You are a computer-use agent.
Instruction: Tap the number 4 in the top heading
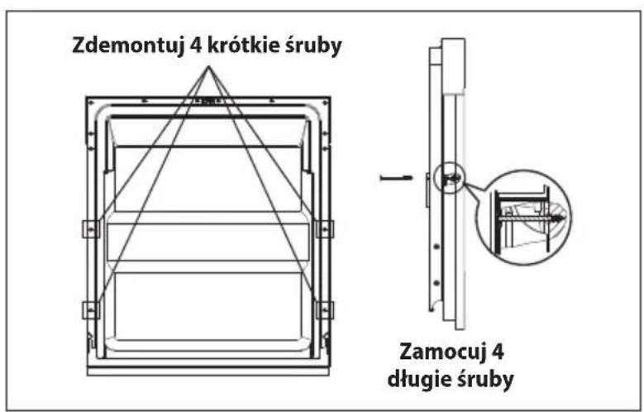tap(196, 45)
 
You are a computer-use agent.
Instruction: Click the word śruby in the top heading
tap(313, 46)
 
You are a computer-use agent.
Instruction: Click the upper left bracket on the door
tap(91, 229)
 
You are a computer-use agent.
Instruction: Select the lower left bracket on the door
tap(91, 310)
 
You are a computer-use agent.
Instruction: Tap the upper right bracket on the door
tap(324, 229)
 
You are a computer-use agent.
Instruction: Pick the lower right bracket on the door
tap(324, 310)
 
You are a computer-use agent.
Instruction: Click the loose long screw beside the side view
tap(396, 178)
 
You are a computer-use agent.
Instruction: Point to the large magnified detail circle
tap(524, 218)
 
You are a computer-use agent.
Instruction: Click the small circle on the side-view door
tap(449, 178)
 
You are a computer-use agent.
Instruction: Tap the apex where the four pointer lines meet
tap(208, 66)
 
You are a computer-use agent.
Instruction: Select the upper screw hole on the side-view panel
tap(436, 247)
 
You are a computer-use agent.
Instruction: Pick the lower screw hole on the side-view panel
tap(436, 283)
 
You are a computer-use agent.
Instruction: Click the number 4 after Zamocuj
tap(497, 352)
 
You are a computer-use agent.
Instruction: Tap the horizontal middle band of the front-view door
tap(208, 242)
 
